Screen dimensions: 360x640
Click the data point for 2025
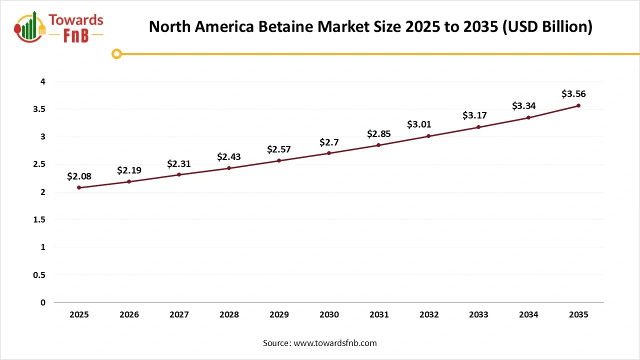79,187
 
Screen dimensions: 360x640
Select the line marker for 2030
329,153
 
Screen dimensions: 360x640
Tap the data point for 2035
578,105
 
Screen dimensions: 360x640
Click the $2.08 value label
79,176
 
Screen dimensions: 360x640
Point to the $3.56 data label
573,94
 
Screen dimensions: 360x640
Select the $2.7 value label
329,142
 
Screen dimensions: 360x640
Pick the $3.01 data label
419,124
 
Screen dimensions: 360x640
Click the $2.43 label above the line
229,157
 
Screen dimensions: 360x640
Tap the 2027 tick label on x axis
179,314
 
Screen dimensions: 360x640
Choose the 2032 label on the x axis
429,314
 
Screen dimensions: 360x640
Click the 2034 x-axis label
528,314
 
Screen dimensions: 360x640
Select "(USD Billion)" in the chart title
548,27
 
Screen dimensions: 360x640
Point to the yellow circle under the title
116,54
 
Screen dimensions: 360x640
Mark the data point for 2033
478,127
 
